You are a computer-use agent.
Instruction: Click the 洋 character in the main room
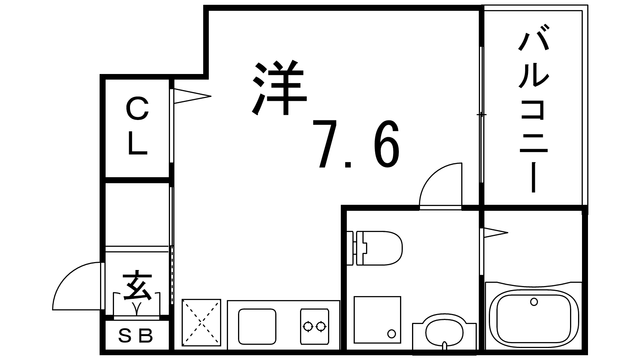point(280,88)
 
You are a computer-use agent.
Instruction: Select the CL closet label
point(138,126)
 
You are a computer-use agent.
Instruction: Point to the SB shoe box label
point(136,336)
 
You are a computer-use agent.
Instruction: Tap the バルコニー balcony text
point(534,108)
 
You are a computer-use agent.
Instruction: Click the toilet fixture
point(374,248)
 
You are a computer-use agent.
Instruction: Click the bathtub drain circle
point(534,302)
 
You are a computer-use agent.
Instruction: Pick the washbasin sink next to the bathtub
point(444,332)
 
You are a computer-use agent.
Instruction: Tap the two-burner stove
point(314,326)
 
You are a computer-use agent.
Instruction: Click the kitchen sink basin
point(257,326)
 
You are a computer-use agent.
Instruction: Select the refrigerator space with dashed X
point(202,322)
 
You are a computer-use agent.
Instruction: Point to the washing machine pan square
point(378,320)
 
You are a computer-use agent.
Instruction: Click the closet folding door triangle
point(192,96)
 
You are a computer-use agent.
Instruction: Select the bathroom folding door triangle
point(496,232)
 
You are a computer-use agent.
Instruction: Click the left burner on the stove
point(308,326)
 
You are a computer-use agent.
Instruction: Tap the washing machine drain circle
point(392,334)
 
